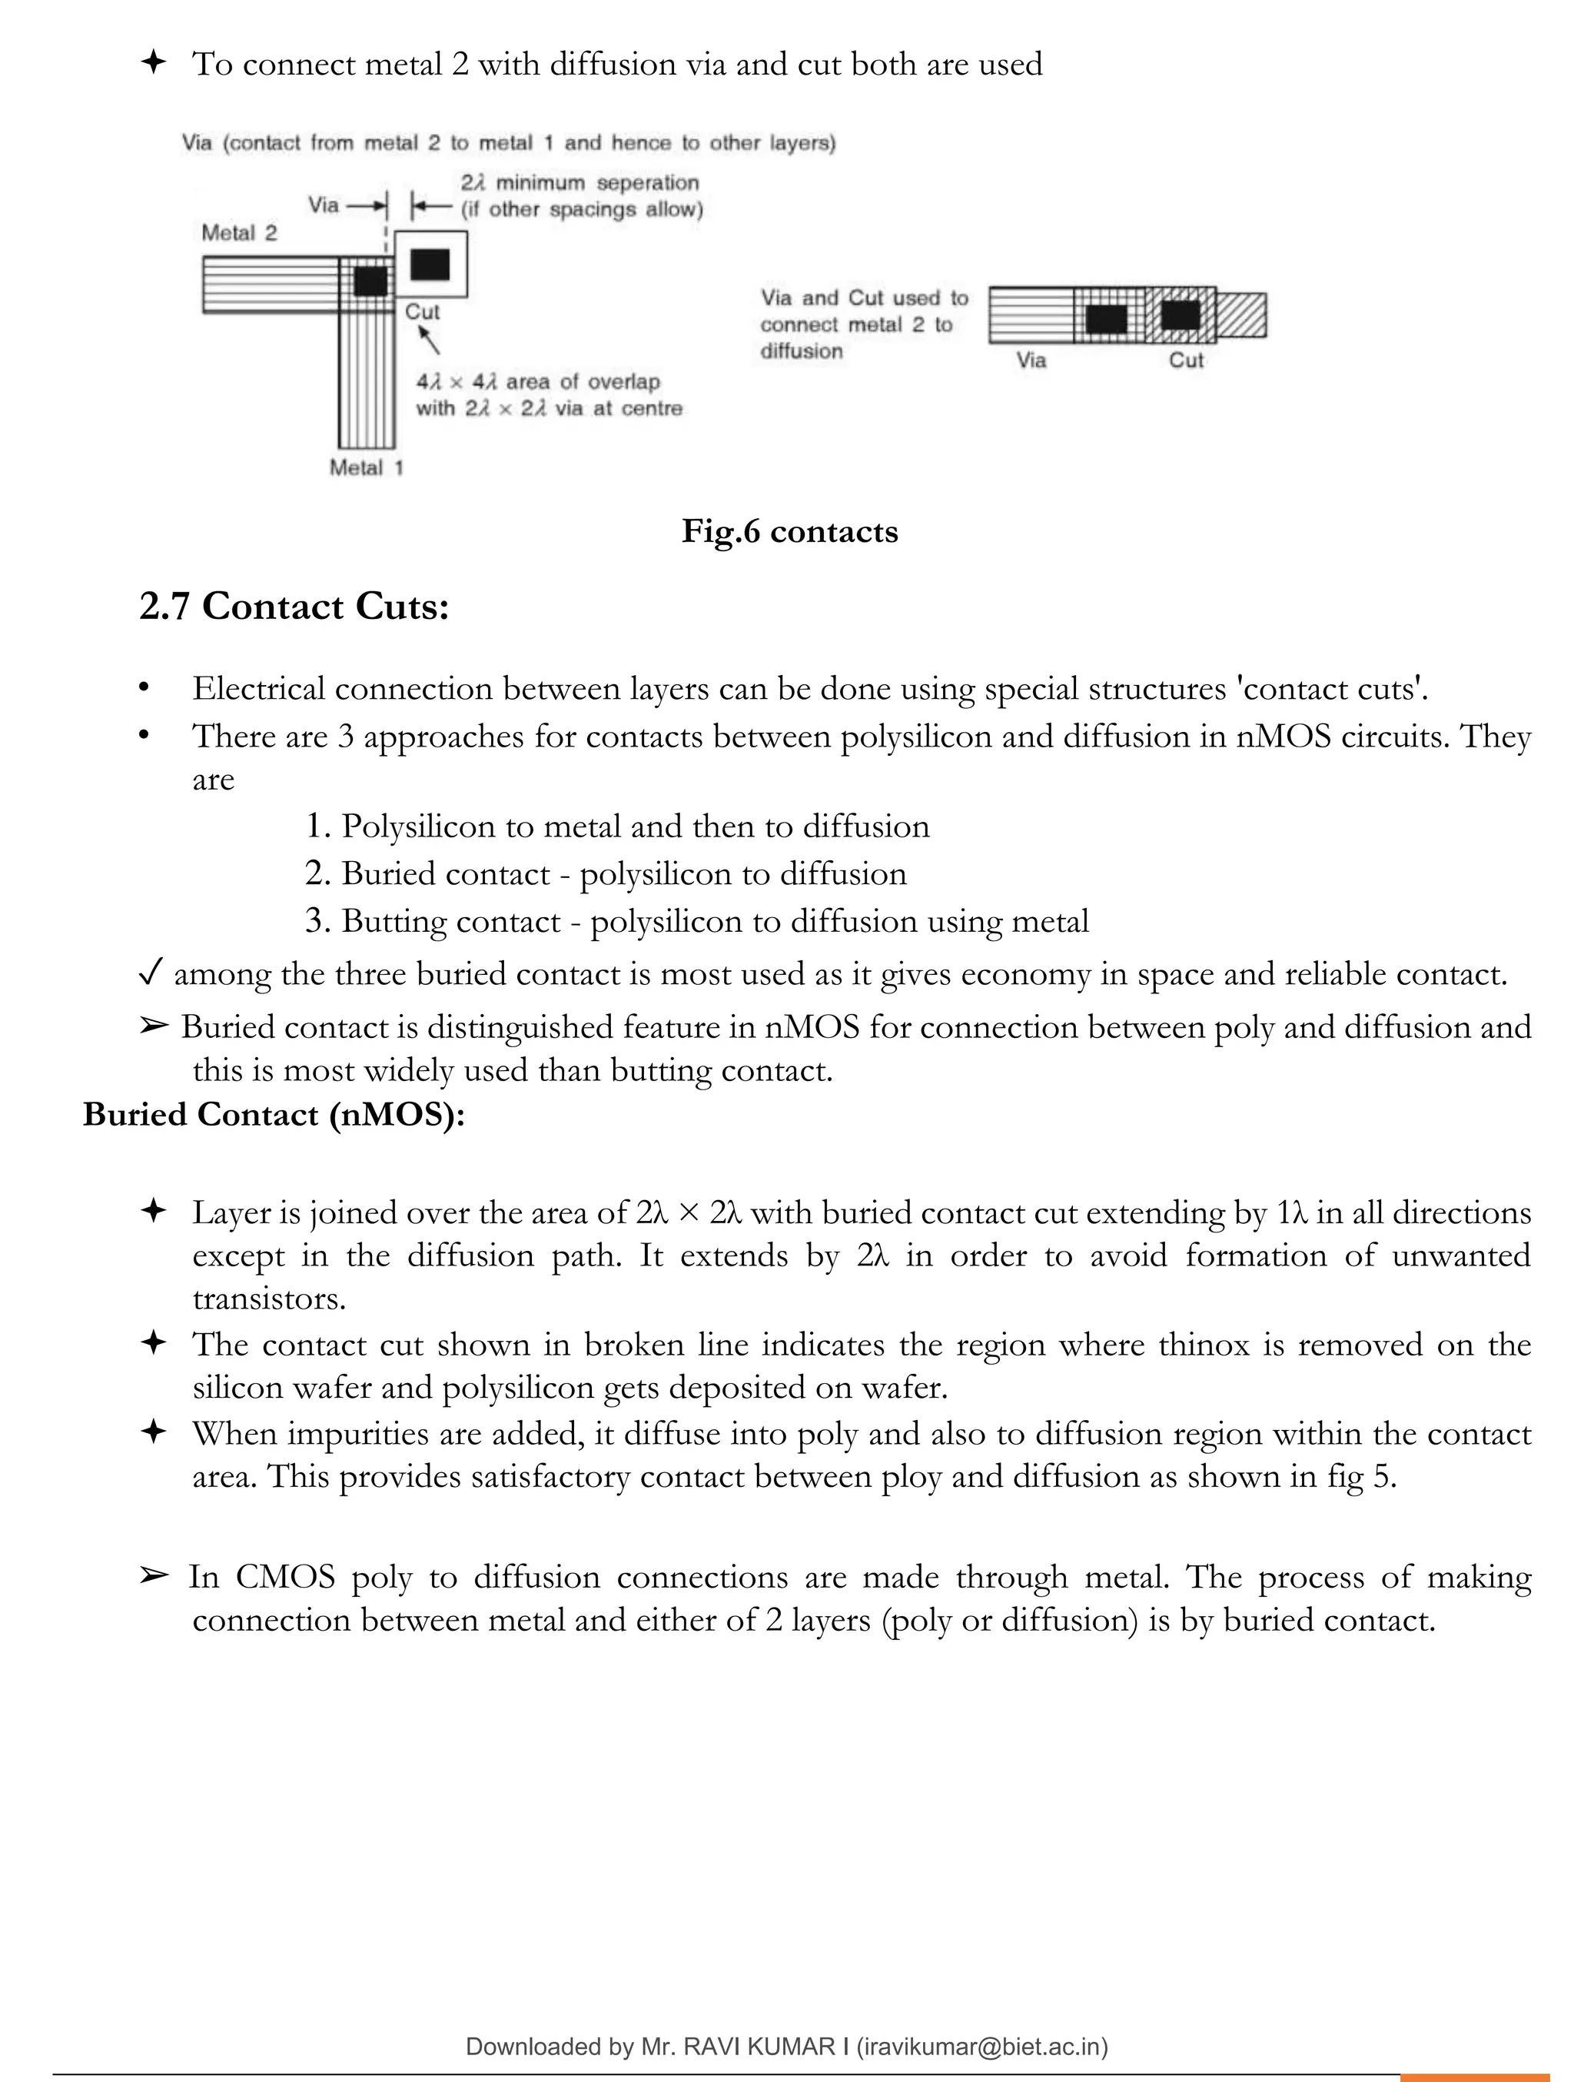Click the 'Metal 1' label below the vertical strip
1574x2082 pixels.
point(366,467)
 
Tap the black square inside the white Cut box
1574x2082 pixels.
point(430,264)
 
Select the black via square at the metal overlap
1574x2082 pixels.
point(370,281)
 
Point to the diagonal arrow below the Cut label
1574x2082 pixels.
point(429,341)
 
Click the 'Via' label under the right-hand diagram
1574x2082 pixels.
point(1031,361)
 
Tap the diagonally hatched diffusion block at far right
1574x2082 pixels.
point(1242,315)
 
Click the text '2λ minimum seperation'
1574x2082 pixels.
point(579,183)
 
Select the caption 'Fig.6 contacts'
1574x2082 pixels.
point(789,532)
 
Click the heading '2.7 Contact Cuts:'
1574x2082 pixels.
point(294,606)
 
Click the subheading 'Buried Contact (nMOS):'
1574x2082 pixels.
point(274,1114)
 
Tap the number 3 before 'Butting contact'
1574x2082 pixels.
point(315,920)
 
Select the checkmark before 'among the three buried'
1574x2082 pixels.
point(151,973)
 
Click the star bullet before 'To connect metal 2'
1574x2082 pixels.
point(152,63)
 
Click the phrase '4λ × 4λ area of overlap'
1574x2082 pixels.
point(538,382)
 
